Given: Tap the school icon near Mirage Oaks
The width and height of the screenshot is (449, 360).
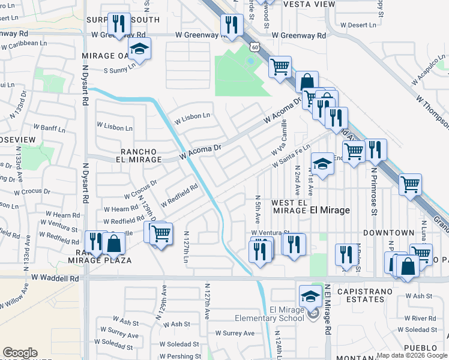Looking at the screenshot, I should (140, 49).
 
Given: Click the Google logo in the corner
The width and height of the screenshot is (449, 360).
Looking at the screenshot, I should (20, 353).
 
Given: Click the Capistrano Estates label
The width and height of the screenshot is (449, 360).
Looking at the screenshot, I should (369, 292).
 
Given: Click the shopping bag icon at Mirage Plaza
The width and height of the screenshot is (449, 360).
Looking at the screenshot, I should (113, 243).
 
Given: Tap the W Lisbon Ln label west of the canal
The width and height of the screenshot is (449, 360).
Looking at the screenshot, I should (115, 128).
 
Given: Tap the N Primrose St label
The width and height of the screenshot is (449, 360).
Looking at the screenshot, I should (373, 190).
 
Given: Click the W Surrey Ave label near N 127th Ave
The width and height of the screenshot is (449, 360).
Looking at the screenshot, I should (234, 333).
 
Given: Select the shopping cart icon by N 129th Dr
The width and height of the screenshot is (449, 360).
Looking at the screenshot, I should (160, 233).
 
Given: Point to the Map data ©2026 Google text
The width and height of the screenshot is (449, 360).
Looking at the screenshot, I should (412, 355).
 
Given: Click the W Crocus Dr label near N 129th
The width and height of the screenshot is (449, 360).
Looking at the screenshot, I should (140, 189).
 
